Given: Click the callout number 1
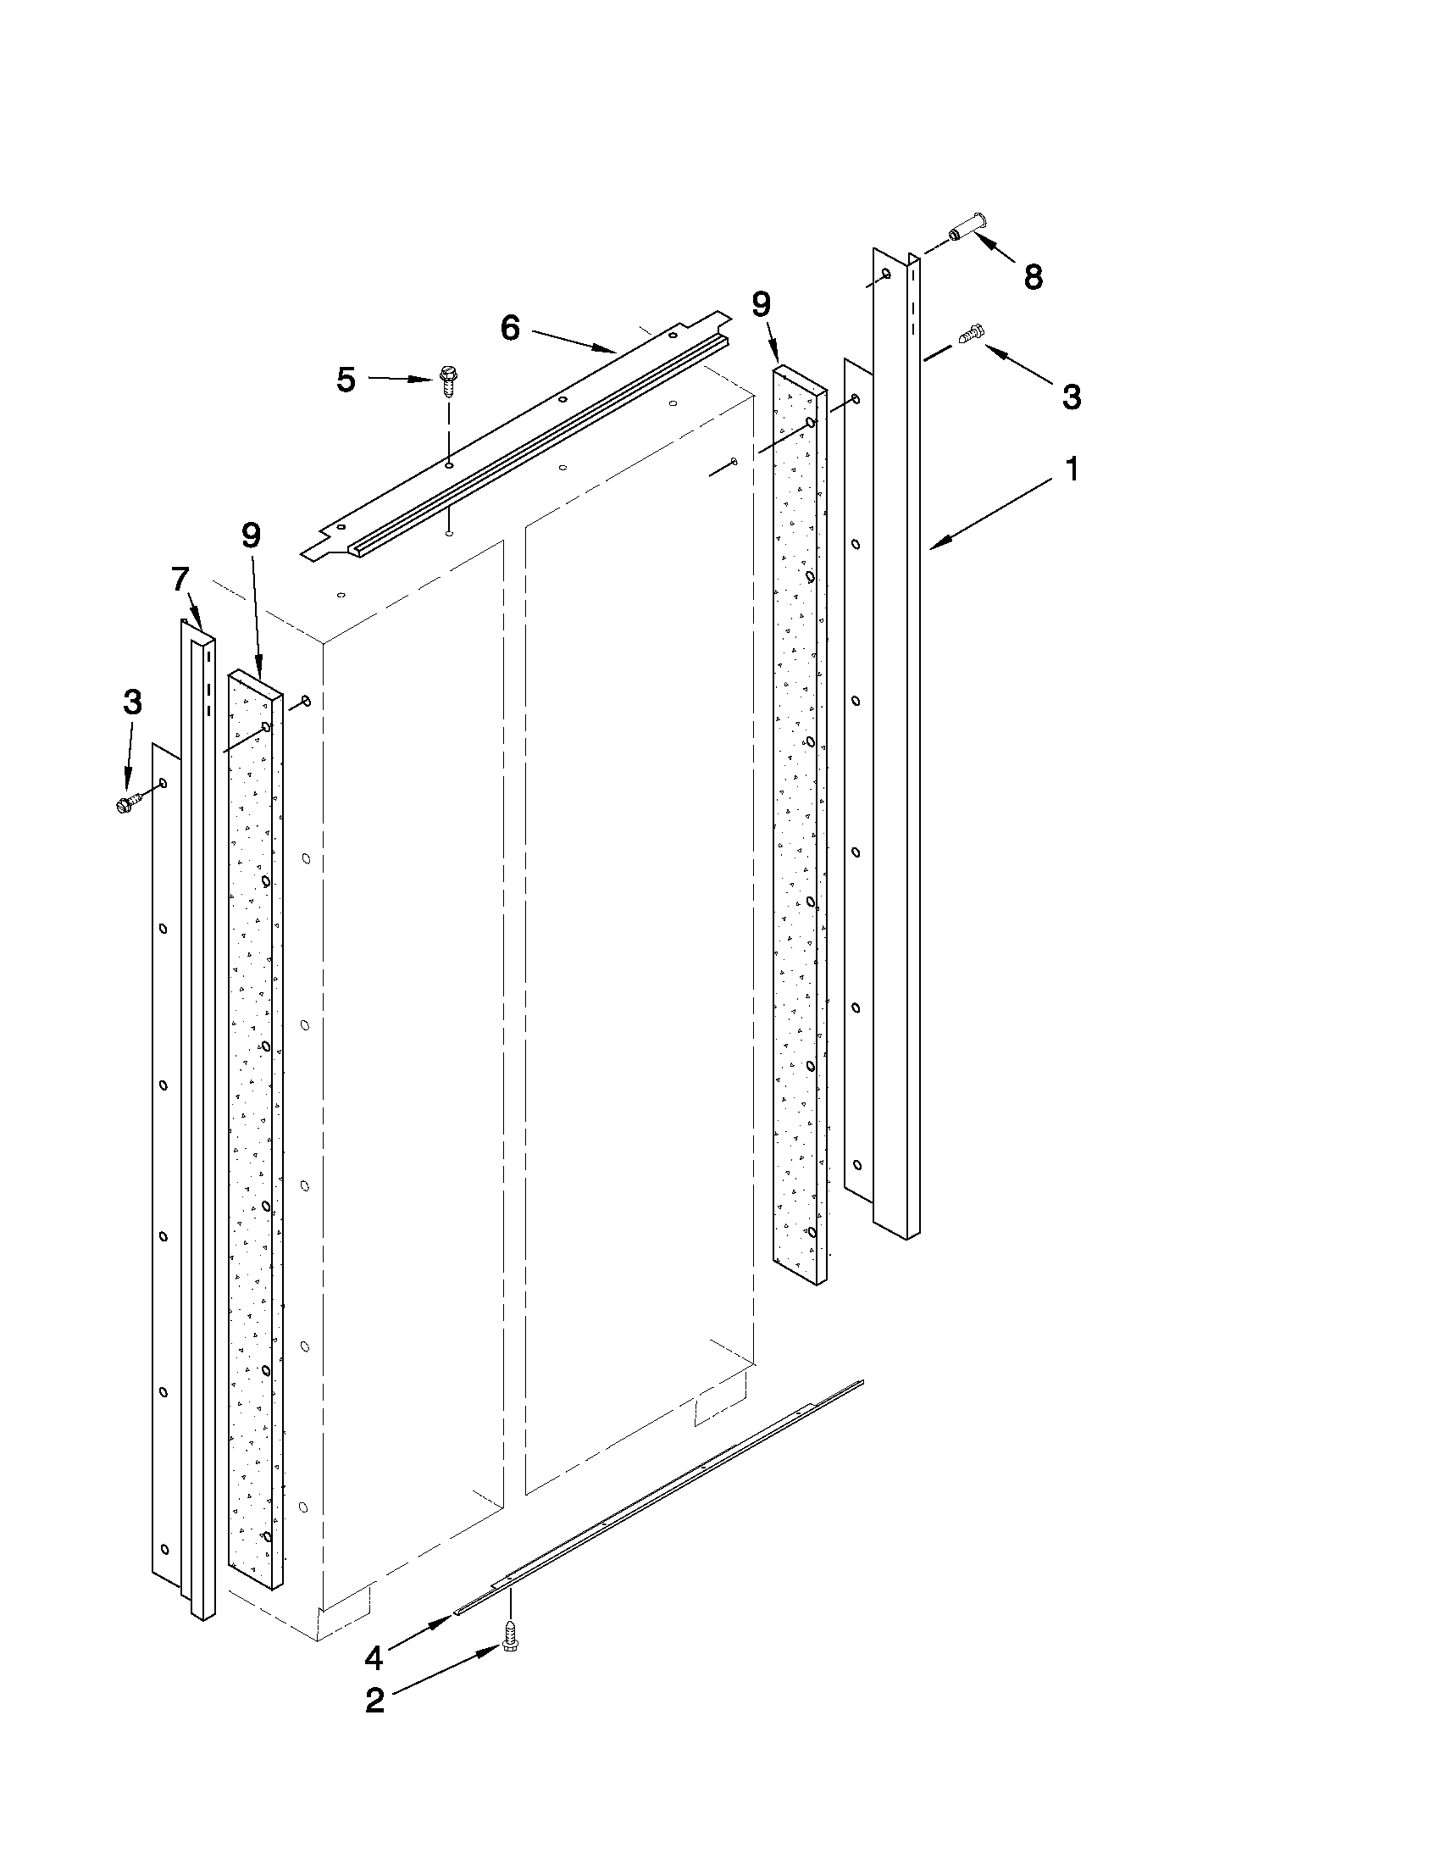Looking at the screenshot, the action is tap(1071, 468).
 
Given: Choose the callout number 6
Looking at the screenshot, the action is tap(510, 327).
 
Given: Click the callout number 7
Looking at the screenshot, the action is tap(180, 580).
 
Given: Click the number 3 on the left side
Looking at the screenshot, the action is tap(132, 702).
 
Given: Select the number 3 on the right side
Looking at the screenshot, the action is tap(1071, 397).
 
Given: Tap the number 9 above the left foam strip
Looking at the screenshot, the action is tap(251, 536).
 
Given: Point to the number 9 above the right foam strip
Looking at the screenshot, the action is tap(761, 304).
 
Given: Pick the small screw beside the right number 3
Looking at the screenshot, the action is tap(972, 333).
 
